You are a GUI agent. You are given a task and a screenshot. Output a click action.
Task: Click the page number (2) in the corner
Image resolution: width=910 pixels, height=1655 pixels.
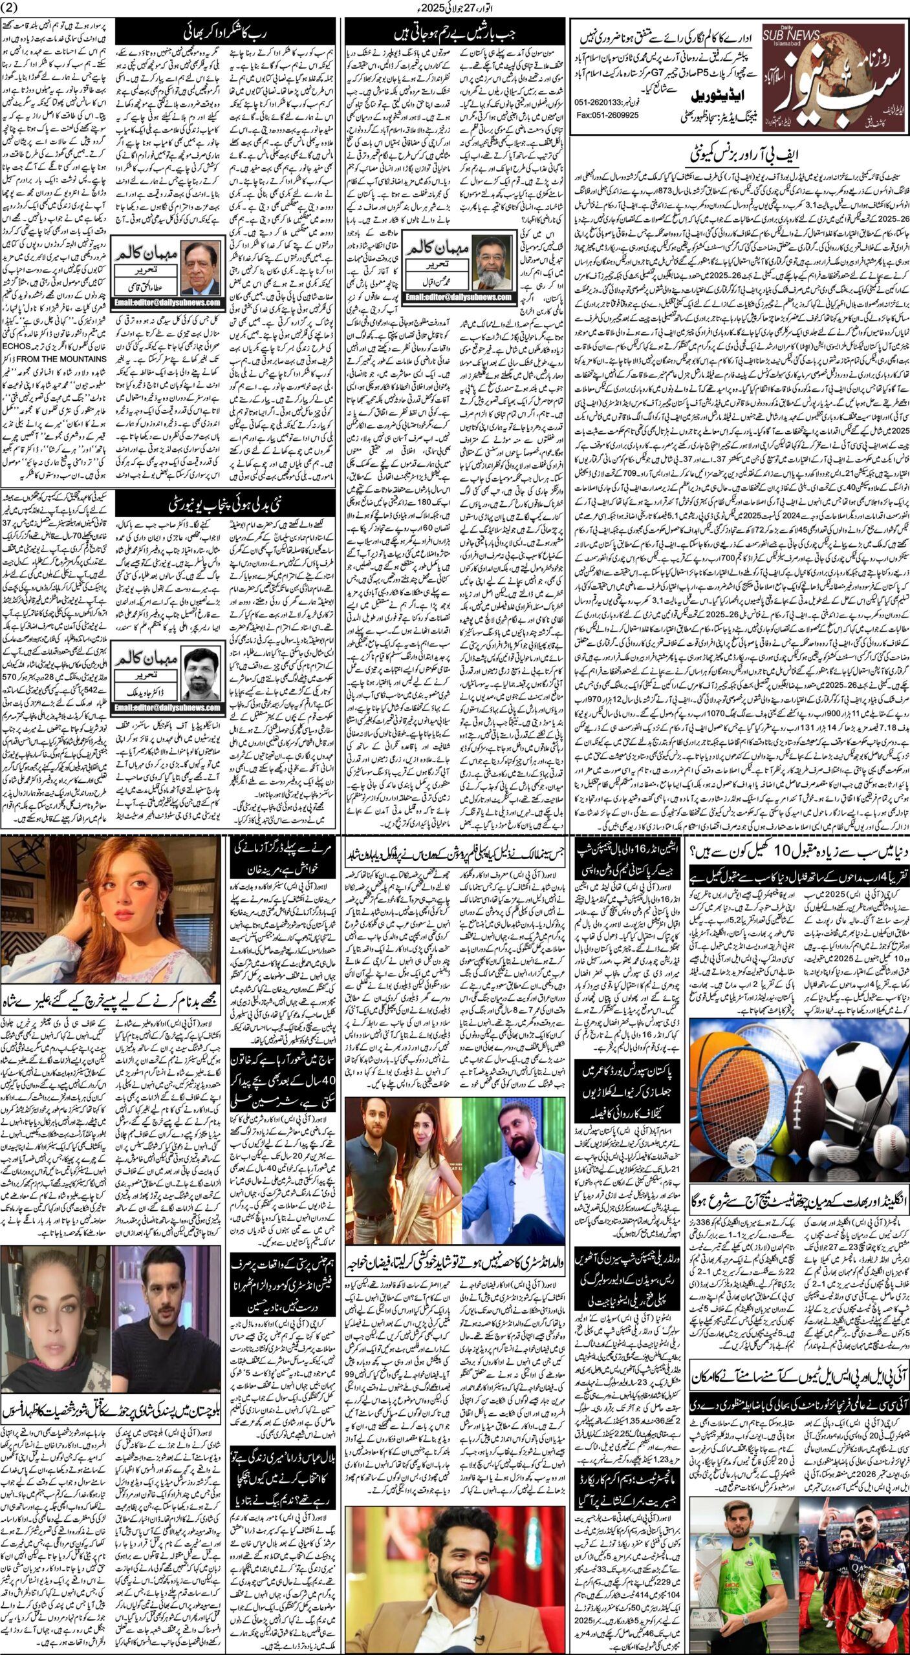(x=12, y=7)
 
